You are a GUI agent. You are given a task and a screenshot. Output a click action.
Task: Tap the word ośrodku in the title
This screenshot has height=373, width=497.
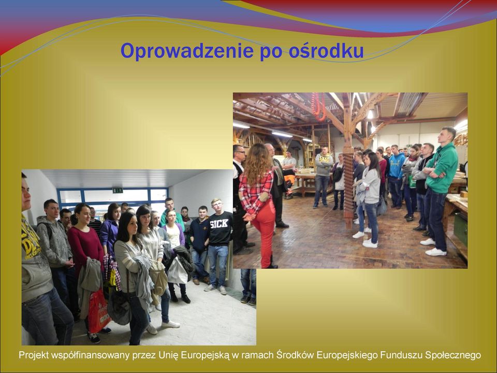[x=326, y=51]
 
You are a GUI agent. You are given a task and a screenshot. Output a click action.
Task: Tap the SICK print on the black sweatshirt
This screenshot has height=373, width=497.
[x=219, y=224]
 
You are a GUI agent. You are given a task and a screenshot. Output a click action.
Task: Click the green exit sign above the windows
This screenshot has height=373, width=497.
[x=118, y=190]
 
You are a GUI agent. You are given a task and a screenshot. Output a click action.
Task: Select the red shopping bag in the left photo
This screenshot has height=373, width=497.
[x=98, y=311]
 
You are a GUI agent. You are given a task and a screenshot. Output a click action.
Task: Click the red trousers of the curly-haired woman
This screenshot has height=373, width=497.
[x=265, y=232]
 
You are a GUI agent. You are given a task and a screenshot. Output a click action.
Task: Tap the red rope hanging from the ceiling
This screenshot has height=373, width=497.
[x=318, y=107]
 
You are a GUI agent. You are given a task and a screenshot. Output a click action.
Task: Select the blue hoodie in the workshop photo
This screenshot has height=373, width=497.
[x=397, y=165]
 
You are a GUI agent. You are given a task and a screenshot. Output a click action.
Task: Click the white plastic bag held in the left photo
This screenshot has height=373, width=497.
[x=177, y=270]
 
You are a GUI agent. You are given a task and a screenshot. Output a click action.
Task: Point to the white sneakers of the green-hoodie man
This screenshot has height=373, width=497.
[x=434, y=248]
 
